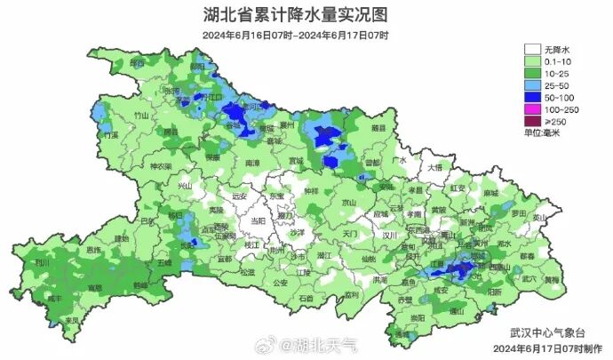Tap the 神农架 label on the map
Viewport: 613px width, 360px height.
click(x=160, y=166)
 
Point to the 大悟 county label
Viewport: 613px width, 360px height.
click(x=435, y=166)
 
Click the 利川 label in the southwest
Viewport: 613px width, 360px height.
click(x=42, y=263)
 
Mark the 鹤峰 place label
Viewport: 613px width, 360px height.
click(x=139, y=286)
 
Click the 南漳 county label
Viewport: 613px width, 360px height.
click(x=252, y=164)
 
